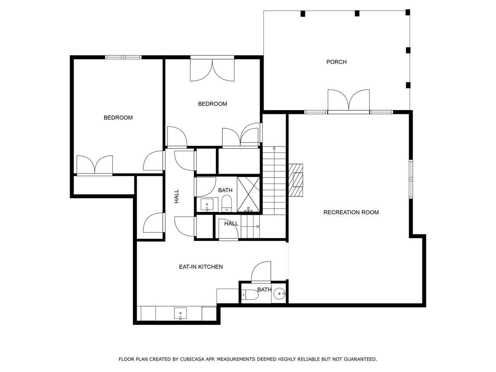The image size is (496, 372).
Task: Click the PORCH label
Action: tap(336, 62)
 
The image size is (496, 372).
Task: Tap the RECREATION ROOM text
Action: tap(351, 212)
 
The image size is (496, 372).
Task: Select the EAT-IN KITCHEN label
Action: tap(201, 267)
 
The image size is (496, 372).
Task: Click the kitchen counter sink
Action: tap(180, 313)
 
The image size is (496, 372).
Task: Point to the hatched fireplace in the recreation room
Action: tap(296, 180)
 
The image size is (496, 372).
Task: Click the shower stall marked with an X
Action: tap(248, 195)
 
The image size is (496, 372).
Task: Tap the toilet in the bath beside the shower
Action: tap(226, 203)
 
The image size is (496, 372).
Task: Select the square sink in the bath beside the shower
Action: tap(207, 205)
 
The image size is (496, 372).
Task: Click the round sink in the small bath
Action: tap(279, 294)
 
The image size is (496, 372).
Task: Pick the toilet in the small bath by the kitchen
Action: tap(250, 294)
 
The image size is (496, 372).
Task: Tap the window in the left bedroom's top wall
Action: tap(123, 57)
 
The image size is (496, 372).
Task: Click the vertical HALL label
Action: tap(176, 196)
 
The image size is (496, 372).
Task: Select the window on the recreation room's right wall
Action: tap(411, 179)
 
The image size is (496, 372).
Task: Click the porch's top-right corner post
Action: tap(408, 12)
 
